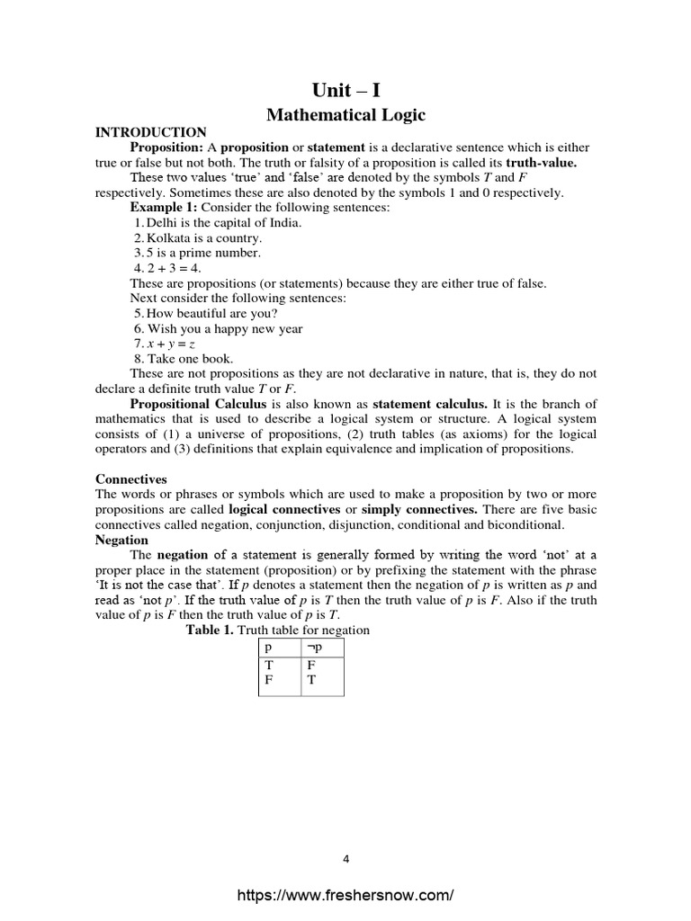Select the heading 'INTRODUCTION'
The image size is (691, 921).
[151, 132]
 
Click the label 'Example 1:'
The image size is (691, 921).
[163, 208]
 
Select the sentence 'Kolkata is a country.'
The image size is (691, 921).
[202, 238]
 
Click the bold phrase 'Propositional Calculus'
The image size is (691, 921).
[192, 404]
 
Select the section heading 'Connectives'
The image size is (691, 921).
[131, 479]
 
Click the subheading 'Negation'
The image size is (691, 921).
[121, 540]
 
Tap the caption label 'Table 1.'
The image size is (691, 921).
[210, 630]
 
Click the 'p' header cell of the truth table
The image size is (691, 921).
[268, 646]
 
